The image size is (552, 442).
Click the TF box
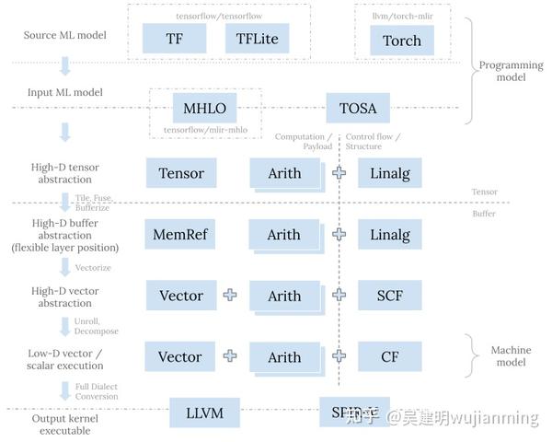click(174, 39)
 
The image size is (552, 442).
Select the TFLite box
click(257, 39)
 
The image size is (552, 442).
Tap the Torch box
click(402, 40)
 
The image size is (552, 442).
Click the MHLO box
click(204, 108)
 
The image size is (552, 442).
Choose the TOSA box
click(358, 108)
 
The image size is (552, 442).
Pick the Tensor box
click(181, 173)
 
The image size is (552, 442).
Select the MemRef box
click(181, 235)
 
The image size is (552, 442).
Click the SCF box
click(389, 296)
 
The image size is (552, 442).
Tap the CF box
click(389, 357)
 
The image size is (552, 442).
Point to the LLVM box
click(204, 413)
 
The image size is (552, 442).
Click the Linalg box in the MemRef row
click(389, 235)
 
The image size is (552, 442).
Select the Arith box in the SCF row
click(284, 296)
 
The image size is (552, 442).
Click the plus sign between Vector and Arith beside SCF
click(230, 296)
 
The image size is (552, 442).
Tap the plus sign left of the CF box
click(339, 357)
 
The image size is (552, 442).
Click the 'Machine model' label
click(511, 355)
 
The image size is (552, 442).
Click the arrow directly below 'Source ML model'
click(65, 65)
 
